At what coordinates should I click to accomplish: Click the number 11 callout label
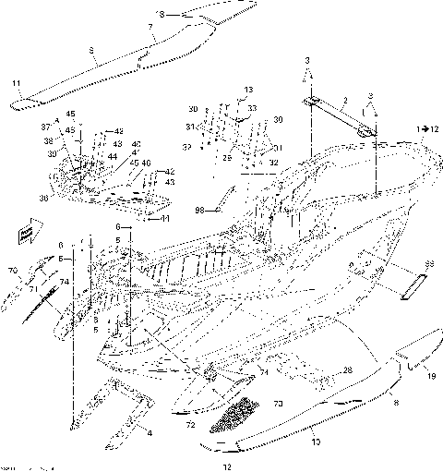click(x=16, y=84)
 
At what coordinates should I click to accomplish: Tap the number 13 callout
click(x=246, y=89)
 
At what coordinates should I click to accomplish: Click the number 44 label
click(x=111, y=157)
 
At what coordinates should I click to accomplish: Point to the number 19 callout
click(x=430, y=377)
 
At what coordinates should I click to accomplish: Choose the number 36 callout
click(x=42, y=196)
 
